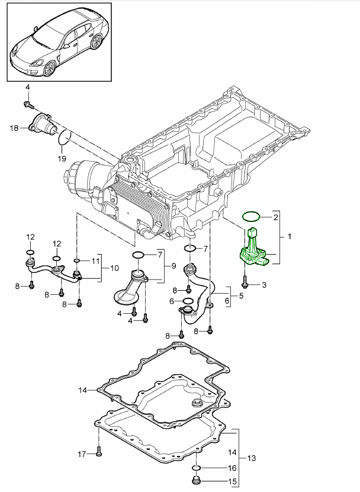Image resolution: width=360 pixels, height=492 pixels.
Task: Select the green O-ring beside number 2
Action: [x=251, y=216]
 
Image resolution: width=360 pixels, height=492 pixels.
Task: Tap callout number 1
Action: [x=290, y=236]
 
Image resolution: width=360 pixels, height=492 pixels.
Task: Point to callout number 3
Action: [x=263, y=285]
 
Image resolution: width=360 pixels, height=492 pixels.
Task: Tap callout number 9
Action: [x=173, y=266]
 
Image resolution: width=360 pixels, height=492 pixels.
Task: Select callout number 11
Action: [x=95, y=260]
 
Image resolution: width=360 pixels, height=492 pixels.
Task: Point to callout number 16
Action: [x=216, y=468]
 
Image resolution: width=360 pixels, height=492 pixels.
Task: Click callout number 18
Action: [x=14, y=127]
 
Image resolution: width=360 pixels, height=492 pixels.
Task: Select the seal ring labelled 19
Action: [x=65, y=139]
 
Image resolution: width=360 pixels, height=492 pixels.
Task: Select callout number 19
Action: [x=62, y=158]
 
